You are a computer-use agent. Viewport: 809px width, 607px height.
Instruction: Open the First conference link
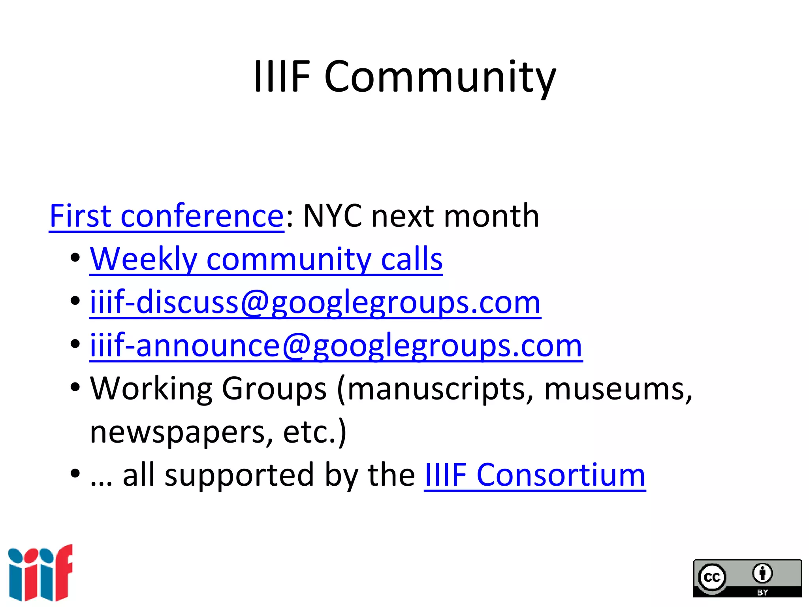166,216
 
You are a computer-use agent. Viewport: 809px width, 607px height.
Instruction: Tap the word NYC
332,216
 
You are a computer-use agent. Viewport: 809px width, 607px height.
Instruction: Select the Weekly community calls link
266,259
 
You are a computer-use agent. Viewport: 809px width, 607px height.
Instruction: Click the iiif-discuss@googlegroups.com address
315,303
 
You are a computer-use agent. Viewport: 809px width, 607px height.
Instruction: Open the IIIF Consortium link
535,475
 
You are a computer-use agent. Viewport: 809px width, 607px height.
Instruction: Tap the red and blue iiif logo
40,573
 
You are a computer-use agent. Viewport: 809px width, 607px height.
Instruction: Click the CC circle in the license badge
712,577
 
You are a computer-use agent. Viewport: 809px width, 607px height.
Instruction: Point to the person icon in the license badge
762,573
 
